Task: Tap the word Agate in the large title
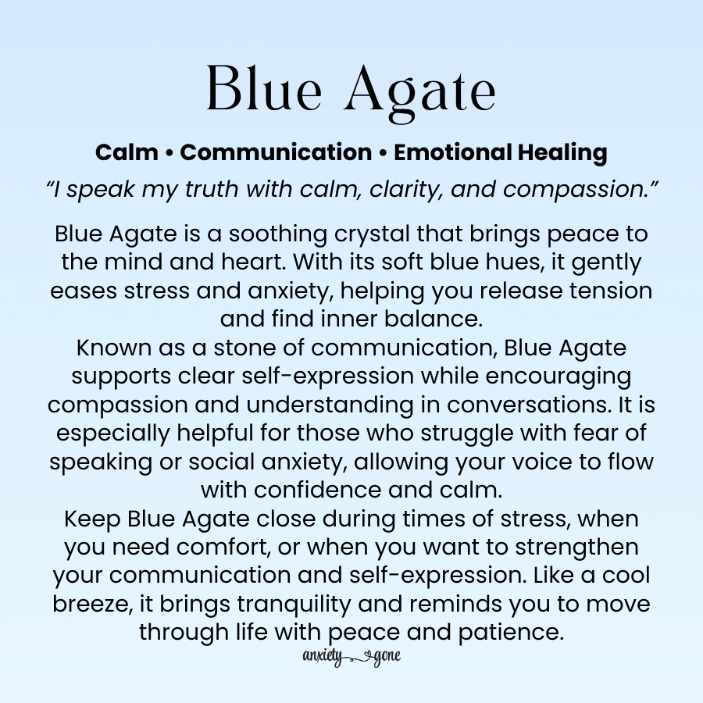tap(420, 92)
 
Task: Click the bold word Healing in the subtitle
tap(562, 153)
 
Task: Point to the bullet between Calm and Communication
tap(169, 153)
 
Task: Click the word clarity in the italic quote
tap(406, 190)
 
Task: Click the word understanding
tap(330, 405)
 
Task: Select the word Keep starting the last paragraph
tap(92, 519)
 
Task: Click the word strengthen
tap(576, 548)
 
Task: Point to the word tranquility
tap(294, 605)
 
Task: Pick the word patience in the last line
tap(511, 633)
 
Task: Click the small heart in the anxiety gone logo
tap(367, 657)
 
